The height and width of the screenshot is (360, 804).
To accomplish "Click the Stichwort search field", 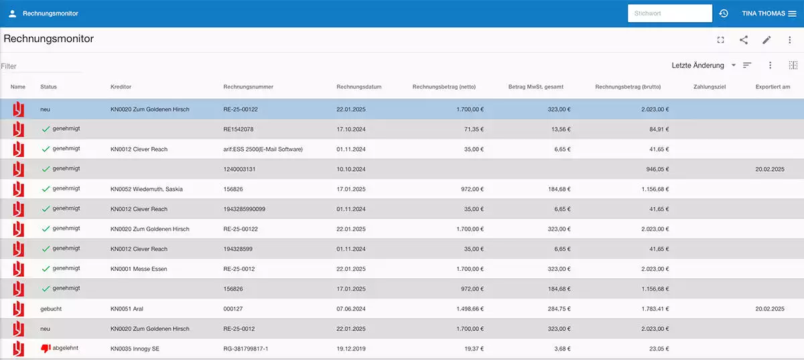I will click(669, 13).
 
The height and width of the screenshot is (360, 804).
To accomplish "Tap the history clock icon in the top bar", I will click(724, 13).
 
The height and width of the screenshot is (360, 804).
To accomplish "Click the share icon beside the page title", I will click(744, 40).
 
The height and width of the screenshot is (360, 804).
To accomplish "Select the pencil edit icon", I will click(766, 40).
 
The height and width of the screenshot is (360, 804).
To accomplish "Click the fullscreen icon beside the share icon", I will click(721, 40).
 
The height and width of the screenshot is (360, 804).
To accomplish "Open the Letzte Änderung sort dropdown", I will click(703, 65).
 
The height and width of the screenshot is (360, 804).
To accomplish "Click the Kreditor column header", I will click(121, 87).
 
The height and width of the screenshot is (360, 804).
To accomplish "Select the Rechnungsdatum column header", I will click(358, 87).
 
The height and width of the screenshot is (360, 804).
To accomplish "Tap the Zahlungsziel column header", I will click(710, 87).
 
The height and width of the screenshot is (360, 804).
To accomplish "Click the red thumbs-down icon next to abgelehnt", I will click(46, 349).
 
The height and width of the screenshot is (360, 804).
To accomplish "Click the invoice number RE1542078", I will click(238, 129).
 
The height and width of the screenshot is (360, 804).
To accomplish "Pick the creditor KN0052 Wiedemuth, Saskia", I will click(146, 189).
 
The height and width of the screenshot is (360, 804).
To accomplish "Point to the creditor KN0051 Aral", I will click(127, 309).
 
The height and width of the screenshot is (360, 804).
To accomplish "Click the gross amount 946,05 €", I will click(655, 170).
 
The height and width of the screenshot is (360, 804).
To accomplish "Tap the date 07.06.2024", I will click(350, 309).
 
